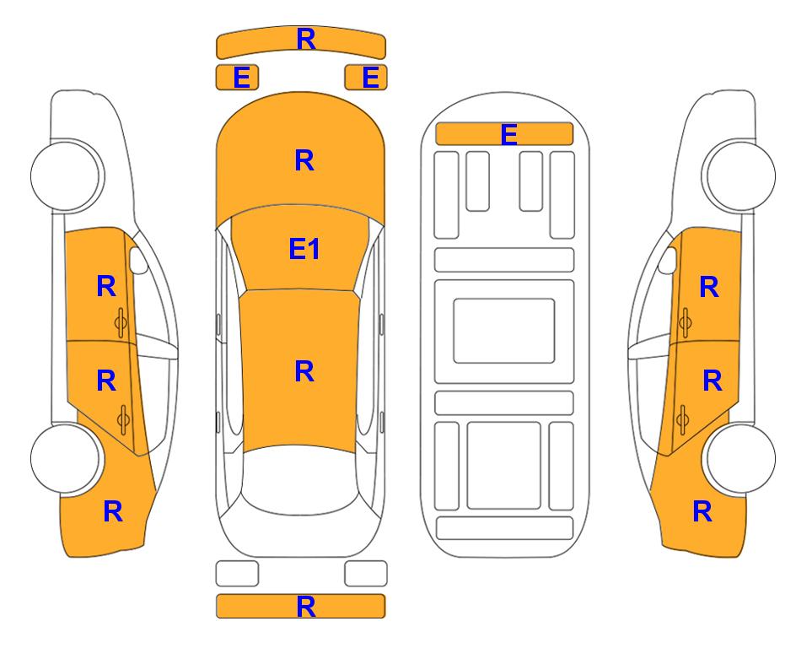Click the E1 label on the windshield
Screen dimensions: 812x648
(x=304, y=248)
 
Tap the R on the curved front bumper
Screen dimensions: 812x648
(x=306, y=39)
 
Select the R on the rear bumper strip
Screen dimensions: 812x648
(x=306, y=606)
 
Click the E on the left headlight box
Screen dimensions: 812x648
(x=242, y=78)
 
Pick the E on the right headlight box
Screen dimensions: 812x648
(x=371, y=78)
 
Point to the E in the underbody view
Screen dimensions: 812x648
(x=509, y=134)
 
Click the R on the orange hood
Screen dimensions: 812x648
(x=304, y=160)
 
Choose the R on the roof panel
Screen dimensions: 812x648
(x=304, y=371)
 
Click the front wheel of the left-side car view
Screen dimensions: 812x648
(x=66, y=175)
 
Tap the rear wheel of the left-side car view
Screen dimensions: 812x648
(x=66, y=458)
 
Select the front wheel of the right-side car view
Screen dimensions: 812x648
(x=739, y=175)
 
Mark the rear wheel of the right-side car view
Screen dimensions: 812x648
(x=739, y=458)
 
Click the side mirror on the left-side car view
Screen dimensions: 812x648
(x=138, y=260)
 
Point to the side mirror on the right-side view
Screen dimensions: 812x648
(x=668, y=260)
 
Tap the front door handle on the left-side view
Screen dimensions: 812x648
(x=121, y=322)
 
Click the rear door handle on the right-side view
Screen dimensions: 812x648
(x=683, y=419)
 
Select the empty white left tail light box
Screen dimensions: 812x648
(x=237, y=574)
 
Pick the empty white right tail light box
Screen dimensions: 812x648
(x=366, y=574)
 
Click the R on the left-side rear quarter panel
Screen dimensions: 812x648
(x=113, y=511)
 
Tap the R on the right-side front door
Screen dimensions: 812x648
(x=709, y=287)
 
